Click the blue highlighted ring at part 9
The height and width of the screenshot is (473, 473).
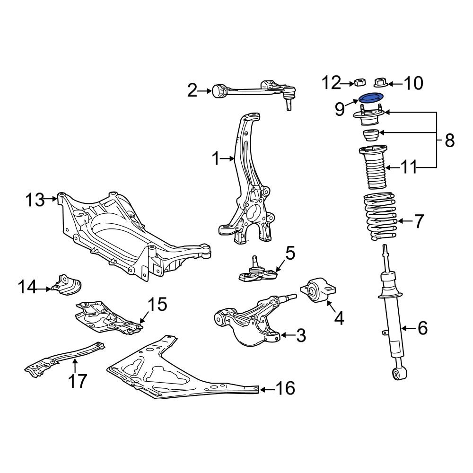(370, 98)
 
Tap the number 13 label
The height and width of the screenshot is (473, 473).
(35, 200)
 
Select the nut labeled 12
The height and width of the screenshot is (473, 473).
(359, 83)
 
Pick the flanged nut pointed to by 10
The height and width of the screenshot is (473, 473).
(380, 83)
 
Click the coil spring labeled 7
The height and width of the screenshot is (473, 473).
(379, 218)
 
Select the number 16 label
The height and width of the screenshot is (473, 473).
(285, 388)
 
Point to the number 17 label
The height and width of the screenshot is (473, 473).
(79, 380)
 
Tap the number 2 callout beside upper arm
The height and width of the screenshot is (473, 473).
(192, 90)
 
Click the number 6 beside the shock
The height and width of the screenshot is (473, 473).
(422, 327)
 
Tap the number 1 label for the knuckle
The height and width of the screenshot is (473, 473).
(216, 159)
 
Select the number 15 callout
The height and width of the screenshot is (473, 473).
(158, 305)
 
